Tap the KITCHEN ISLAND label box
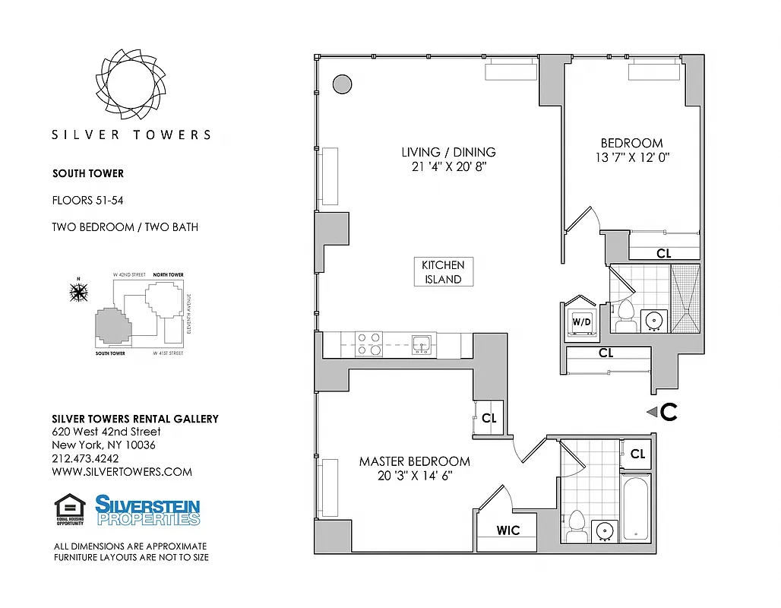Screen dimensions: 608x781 pyautogui.click(x=443, y=272)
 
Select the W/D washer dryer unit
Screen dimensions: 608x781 pyautogui.click(x=581, y=321)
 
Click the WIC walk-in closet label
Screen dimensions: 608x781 pyautogui.click(x=508, y=530)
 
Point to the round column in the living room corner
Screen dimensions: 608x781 pyautogui.click(x=342, y=84)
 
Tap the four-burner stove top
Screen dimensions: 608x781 pyautogui.click(x=369, y=344)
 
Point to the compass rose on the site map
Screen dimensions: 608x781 pyautogui.click(x=78, y=291)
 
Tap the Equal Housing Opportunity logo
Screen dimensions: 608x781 pyautogui.click(x=70, y=509)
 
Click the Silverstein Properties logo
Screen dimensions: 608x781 pyautogui.click(x=147, y=510)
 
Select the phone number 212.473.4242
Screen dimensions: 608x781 pyautogui.click(x=84, y=458)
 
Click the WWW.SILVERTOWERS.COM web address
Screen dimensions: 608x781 pyautogui.click(x=122, y=471)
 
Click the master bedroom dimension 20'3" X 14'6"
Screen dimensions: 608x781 pyautogui.click(x=414, y=476)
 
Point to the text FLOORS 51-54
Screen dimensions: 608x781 pyautogui.click(x=88, y=201)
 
